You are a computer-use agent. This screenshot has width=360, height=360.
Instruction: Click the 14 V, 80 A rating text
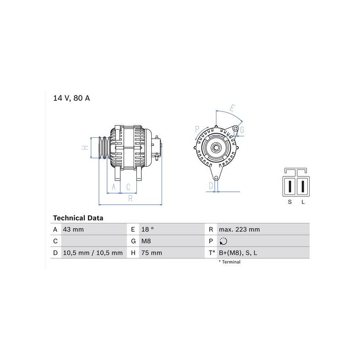pos(72,98)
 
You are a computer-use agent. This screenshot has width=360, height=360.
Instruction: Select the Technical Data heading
pos(78,218)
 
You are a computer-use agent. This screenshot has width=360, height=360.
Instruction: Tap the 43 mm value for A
pos(73,229)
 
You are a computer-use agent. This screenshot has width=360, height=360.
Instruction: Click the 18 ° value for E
pos(148,229)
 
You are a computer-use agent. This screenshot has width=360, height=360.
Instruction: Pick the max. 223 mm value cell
pos(239,229)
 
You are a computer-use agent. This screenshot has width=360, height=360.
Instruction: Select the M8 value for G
pos(146,241)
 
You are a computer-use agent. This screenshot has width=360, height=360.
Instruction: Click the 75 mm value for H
pos(152,253)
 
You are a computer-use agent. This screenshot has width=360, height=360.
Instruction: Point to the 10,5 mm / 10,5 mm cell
pos(93,253)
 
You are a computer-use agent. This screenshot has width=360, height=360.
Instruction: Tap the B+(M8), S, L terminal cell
pos(238,253)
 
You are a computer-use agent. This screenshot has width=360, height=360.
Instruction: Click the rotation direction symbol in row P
pos(223,241)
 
